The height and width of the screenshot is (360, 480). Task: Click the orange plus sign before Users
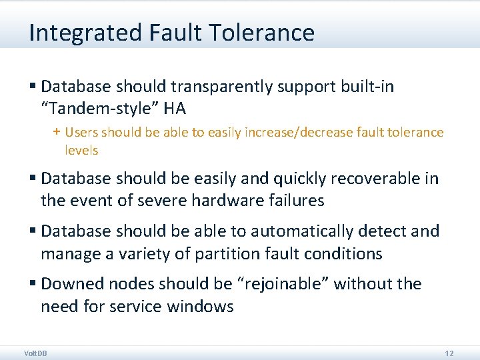[x=57, y=132]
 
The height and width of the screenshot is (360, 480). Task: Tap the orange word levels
[x=81, y=150]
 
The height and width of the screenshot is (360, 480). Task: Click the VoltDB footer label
[x=35, y=353]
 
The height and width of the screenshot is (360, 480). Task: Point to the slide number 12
[x=449, y=353]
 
